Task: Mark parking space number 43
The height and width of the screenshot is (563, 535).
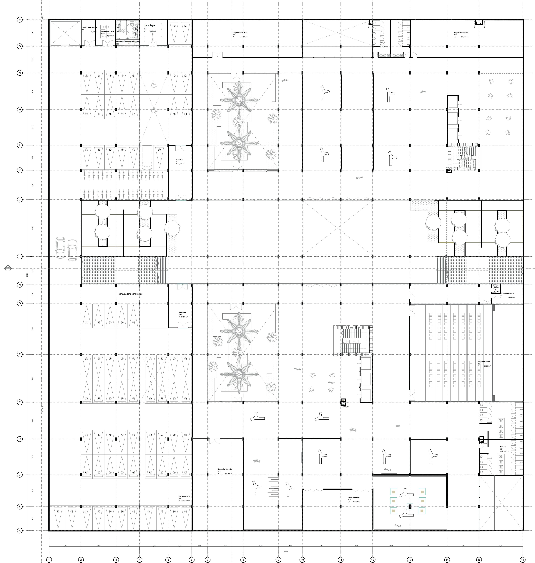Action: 186,399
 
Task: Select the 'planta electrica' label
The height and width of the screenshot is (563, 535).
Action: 107,31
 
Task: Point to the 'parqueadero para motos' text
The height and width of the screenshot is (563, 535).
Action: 130,294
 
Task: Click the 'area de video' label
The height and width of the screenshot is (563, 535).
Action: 354,497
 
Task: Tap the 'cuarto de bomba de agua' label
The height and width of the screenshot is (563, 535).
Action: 127,42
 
